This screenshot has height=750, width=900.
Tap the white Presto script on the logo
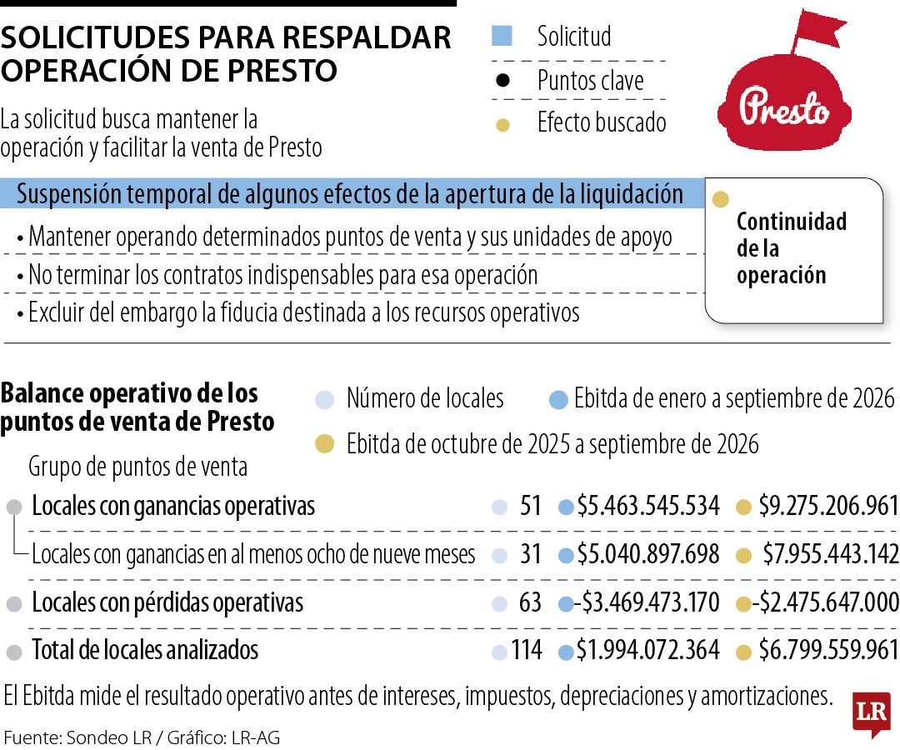[x=784, y=107]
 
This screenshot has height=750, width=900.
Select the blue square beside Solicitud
[x=502, y=36]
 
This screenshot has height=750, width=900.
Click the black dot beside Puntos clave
[x=502, y=80]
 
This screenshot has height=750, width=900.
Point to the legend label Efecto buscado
[x=602, y=122]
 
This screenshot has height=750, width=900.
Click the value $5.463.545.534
[x=648, y=506]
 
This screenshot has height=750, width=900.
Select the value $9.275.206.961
[x=828, y=506]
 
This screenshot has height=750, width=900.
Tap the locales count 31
[x=530, y=554]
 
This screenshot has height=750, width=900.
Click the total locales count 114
[x=527, y=650]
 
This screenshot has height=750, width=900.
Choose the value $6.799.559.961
[x=828, y=650]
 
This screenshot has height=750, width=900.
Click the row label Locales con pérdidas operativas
[x=167, y=602]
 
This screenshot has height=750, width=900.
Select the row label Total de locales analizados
[x=145, y=650]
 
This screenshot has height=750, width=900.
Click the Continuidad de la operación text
[x=792, y=247]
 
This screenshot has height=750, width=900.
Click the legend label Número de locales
[x=425, y=398]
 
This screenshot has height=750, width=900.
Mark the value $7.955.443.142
[x=831, y=554]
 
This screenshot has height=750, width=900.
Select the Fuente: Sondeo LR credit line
[x=142, y=737]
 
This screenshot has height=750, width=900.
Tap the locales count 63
[x=530, y=602]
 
